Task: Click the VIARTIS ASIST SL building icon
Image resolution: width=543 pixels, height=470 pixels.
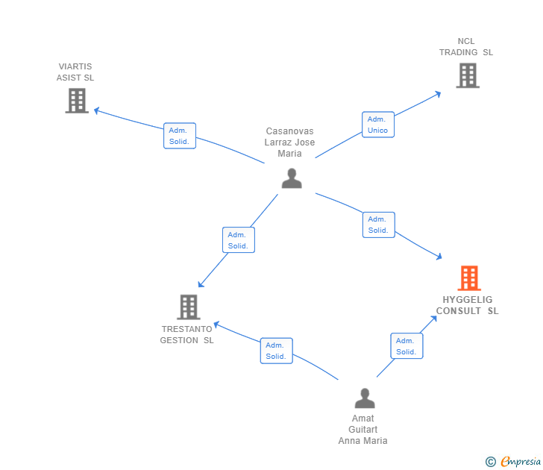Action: pos(77,101)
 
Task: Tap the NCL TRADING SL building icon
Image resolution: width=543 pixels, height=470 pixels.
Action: pos(468,75)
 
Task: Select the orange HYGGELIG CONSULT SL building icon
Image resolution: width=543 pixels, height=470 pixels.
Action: pos(468,278)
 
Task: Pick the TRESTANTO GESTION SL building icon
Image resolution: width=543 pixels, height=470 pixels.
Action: pos(188,307)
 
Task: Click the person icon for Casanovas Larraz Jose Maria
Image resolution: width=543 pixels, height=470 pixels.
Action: pos(292,178)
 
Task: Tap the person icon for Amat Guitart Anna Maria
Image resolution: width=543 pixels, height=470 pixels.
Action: pos(364,398)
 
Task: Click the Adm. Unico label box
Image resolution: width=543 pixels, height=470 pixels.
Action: pos(378,125)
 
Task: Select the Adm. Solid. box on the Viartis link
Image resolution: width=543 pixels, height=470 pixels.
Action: pos(180,136)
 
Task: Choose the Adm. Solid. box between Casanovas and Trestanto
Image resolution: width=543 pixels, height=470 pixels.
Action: pos(239,240)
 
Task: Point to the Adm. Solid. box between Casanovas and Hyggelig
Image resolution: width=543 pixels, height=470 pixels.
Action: pos(378,225)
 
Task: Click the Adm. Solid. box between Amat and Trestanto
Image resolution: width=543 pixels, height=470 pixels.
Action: pos(276,351)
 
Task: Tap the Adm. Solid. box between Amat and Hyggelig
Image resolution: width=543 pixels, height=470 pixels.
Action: pos(407,346)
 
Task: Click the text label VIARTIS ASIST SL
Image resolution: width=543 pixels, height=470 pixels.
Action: pos(75,72)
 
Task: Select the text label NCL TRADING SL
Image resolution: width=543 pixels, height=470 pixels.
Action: pos(466,47)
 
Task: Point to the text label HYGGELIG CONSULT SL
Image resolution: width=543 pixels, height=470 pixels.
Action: pos(468,306)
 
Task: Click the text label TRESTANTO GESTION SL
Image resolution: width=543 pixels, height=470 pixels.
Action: pos(186,335)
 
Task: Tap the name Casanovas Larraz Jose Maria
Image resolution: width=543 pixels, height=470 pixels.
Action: pos(290,142)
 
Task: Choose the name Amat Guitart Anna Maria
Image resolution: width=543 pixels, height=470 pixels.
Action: pos(363,429)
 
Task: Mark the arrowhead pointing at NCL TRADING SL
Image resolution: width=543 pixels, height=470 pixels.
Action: pos(438,93)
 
